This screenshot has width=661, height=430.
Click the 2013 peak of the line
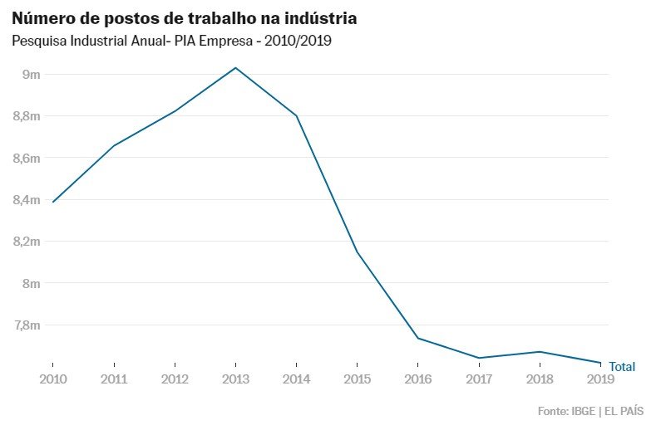(235, 67)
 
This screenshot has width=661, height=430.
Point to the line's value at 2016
(418, 338)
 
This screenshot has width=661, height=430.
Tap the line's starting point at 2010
(52, 202)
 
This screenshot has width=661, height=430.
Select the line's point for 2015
(357, 252)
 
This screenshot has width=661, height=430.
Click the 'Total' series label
(622, 366)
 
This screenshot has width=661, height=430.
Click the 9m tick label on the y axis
(32, 75)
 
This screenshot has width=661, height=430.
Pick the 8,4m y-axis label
(27, 199)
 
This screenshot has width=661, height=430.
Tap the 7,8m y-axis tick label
(27, 325)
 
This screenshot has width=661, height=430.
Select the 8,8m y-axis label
(27, 116)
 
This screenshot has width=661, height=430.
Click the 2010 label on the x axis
(52, 379)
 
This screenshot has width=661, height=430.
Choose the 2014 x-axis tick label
(296, 379)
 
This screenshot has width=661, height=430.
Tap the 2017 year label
(479, 379)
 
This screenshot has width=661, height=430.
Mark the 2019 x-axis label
(600, 379)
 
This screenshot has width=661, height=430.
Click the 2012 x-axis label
(175, 379)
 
